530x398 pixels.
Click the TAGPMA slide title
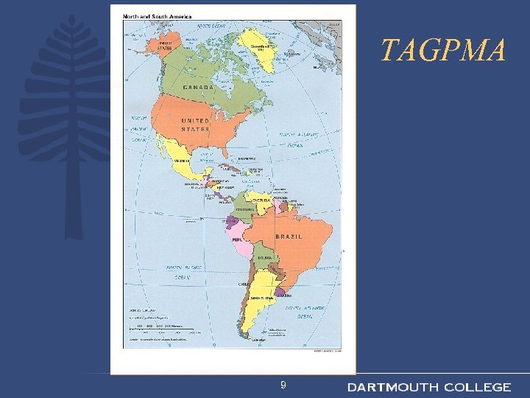443,51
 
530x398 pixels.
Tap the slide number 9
284,385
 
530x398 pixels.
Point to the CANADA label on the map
194,86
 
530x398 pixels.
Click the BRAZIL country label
291,236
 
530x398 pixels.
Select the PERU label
238,240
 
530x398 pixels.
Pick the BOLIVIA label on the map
264,257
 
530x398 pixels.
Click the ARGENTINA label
262,298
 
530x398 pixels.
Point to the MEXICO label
181,161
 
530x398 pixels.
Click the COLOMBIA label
245,209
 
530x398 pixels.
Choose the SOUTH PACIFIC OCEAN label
183,272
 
